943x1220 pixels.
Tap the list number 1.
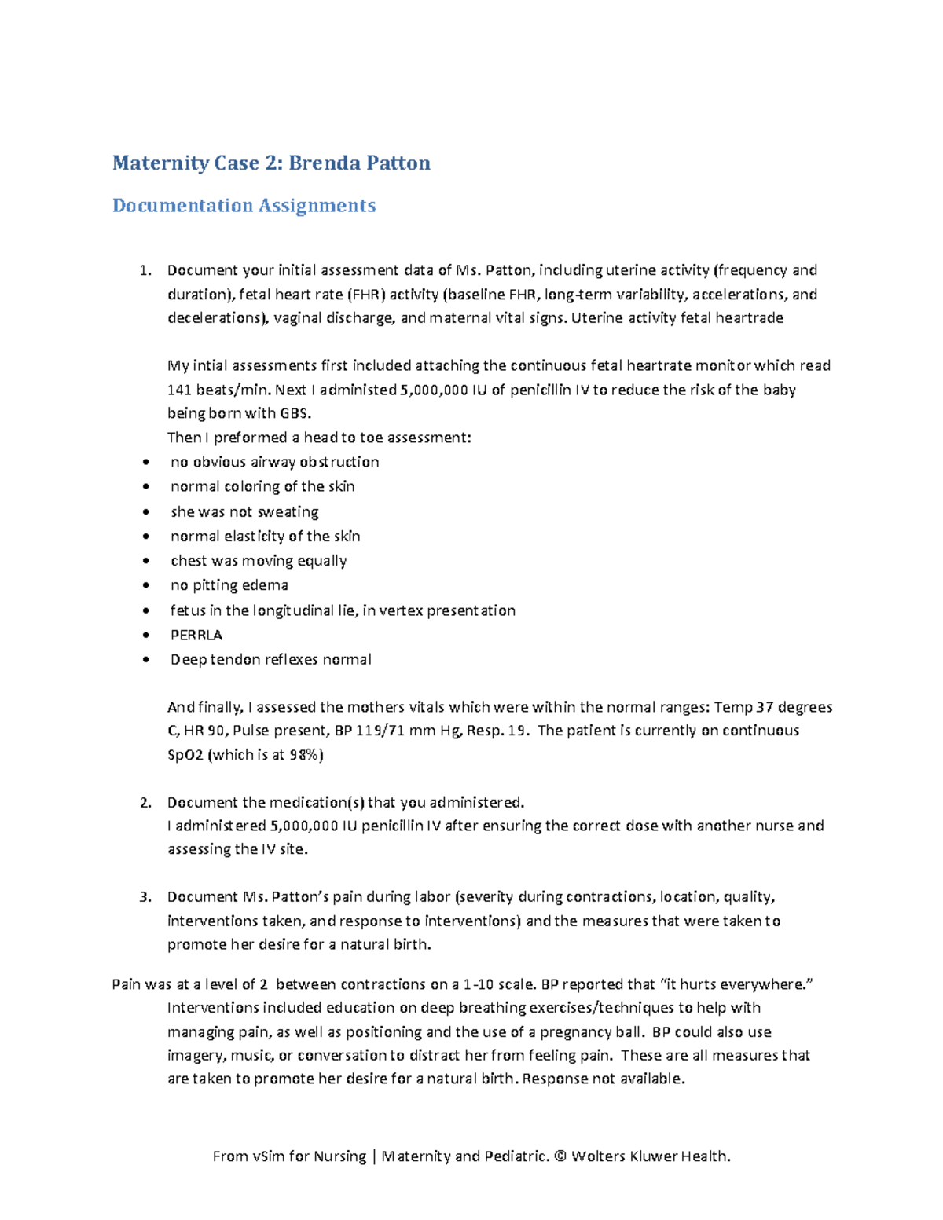pos(144,270)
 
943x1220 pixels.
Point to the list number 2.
pos(144,802)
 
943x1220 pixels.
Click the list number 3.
pos(144,896)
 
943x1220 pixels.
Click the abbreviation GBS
pos(295,413)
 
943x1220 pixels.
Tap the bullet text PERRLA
pos(196,635)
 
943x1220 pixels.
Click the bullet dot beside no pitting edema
pos(145,585)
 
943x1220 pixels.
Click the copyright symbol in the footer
pos(560,1156)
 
